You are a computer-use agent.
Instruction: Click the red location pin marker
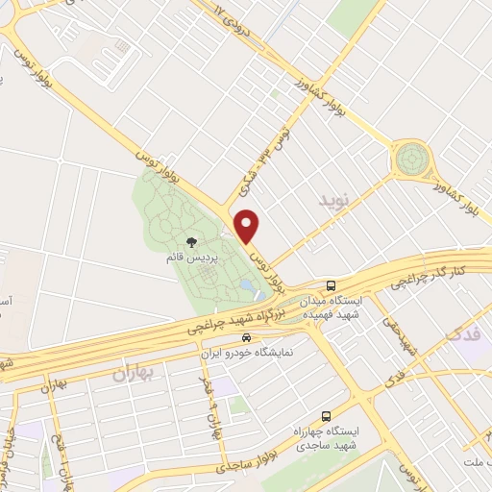tap(248, 227)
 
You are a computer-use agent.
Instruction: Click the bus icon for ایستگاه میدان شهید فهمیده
tap(331, 285)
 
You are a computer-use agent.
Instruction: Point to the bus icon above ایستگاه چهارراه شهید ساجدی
tap(326, 416)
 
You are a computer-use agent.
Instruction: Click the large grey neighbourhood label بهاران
tap(133, 369)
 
